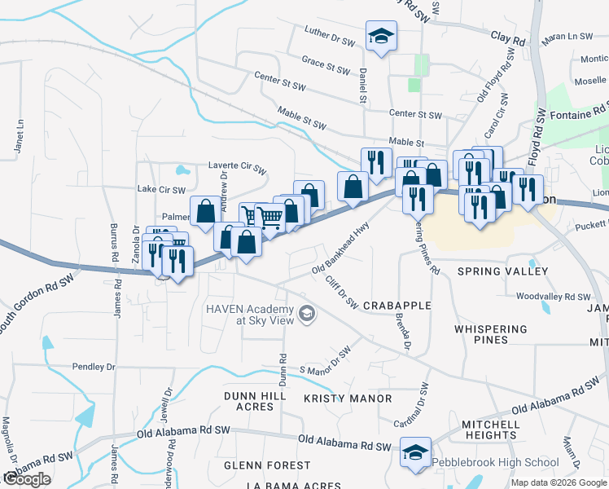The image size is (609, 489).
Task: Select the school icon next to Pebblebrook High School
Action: [415, 453]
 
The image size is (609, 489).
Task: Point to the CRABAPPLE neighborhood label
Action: [397, 305]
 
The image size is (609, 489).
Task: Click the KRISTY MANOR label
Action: [348, 399]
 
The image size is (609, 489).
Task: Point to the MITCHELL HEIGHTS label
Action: [491, 430]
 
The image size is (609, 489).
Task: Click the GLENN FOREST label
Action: [267, 465]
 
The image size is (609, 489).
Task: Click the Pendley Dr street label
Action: [94, 367]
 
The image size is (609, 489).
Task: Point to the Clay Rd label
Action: [508, 38]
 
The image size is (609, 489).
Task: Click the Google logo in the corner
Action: [27, 479]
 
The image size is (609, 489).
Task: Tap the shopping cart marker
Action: [269, 217]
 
